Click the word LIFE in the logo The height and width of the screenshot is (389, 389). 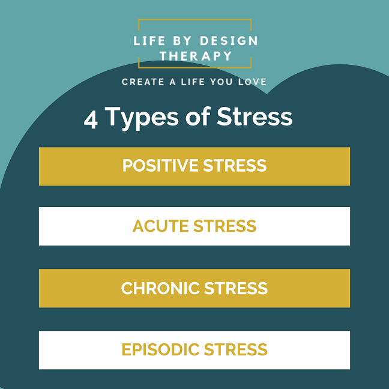(x=149, y=41)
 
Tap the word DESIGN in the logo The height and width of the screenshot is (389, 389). (x=229, y=41)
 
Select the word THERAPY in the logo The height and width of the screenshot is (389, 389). (x=196, y=56)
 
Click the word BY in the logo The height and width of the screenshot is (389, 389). (x=182, y=41)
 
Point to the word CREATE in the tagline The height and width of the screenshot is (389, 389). (x=143, y=82)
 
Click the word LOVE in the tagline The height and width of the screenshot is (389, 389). (x=252, y=82)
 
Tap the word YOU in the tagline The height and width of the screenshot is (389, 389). (x=222, y=82)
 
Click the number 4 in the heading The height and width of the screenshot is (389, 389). (x=91, y=119)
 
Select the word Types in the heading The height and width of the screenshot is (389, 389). (x=142, y=118)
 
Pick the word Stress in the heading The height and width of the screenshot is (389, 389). (x=255, y=116)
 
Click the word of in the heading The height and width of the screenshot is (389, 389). (x=198, y=116)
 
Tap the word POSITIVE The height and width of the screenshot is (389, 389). (x=160, y=166)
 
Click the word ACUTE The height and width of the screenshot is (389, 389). (x=160, y=226)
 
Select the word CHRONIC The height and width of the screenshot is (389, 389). (x=160, y=288)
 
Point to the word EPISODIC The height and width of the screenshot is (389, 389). (x=160, y=349)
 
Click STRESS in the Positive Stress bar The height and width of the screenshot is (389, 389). (x=235, y=166)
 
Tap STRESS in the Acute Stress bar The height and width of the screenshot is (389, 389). (x=225, y=226)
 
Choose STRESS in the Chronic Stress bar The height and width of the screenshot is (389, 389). (x=236, y=288)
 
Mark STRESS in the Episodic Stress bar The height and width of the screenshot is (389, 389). (x=236, y=349)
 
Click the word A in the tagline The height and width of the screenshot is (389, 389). (x=173, y=82)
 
